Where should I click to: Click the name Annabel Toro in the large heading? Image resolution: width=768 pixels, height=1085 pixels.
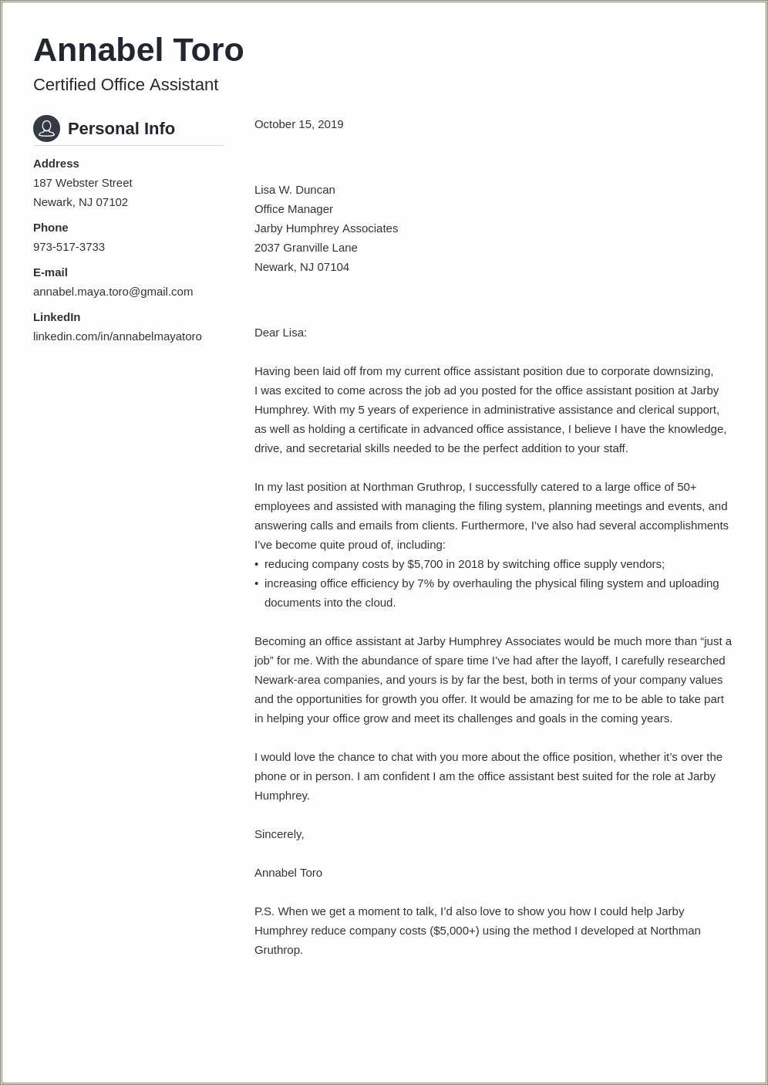tap(139, 51)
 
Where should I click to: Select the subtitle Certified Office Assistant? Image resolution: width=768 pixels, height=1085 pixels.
tap(126, 85)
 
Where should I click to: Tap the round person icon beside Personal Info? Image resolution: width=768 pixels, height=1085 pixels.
tap(46, 128)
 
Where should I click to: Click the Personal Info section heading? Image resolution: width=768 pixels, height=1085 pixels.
tap(121, 129)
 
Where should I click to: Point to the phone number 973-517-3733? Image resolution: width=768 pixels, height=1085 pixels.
tap(69, 247)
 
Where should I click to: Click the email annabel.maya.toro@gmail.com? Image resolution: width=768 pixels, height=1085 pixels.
tap(113, 292)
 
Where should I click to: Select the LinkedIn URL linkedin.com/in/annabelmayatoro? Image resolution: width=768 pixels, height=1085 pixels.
tap(117, 336)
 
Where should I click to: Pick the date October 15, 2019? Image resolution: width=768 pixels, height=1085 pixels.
tap(298, 124)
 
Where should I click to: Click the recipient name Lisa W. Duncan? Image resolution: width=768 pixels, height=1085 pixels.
tap(295, 190)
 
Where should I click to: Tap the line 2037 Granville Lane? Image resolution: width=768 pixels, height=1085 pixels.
tap(305, 248)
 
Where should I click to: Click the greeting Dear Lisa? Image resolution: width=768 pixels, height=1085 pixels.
tap(280, 333)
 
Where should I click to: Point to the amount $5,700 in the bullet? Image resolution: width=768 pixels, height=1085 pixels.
tap(425, 564)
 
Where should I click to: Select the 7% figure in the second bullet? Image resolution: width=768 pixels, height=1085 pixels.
tap(426, 583)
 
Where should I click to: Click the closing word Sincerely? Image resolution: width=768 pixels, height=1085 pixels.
tap(279, 834)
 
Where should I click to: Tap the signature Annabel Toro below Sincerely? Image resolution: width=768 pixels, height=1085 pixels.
tap(288, 873)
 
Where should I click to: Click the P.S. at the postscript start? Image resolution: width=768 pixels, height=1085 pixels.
tap(264, 911)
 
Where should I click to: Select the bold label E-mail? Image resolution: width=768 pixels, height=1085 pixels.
tap(50, 272)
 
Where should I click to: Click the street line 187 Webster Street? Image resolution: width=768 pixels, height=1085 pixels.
tap(83, 183)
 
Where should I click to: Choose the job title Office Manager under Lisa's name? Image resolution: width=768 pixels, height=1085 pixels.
tap(293, 209)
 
